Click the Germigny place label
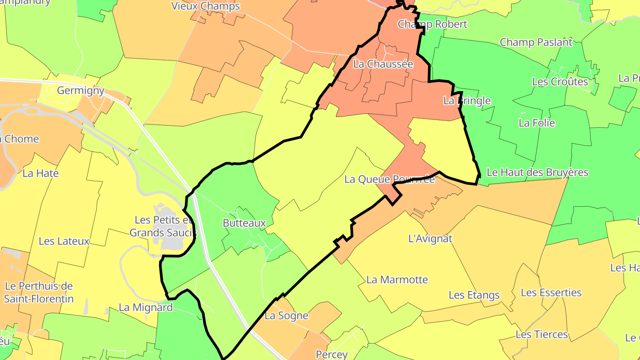pyautogui.click(x=80, y=91)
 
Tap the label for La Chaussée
pyautogui.click(x=383, y=64)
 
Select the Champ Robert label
pyautogui.click(x=432, y=24)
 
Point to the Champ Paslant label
pyautogui.click(x=536, y=42)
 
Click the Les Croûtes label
pyautogui.click(x=560, y=82)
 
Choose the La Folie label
pyautogui.click(x=537, y=123)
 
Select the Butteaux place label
pyautogui.click(x=244, y=223)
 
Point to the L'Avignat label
pyautogui.click(x=430, y=239)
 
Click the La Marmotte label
pyautogui.click(x=397, y=280)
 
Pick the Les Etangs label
pyautogui.click(x=474, y=295)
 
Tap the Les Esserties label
pyautogui.click(x=551, y=292)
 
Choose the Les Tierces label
pyautogui.click(x=541, y=334)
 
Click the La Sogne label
pyautogui.click(x=286, y=316)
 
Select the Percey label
pyautogui.click(x=332, y=354)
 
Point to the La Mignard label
pyautogui.click(x=146, y=307)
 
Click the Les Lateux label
pyautogui.click(x=64, y=241)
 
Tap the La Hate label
pyautogui.click(x=40, y=173)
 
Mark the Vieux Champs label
pyautogui.click(x=205, y=6)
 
